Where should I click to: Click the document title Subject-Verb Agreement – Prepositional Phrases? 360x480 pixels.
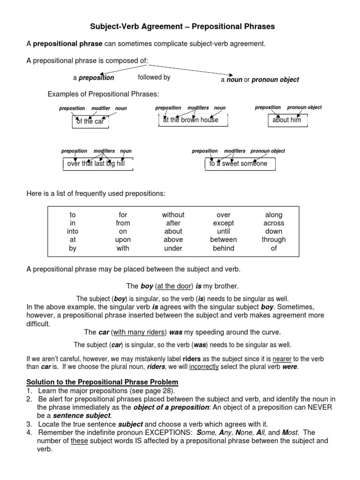182,27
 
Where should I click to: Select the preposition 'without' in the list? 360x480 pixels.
173,215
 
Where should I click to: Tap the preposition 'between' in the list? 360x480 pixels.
223,240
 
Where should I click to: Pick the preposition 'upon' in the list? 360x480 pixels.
122,240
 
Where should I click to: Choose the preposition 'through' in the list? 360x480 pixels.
274,240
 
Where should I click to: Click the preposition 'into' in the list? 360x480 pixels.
73,231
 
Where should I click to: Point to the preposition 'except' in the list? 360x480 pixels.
223,223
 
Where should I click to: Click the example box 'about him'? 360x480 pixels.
286,120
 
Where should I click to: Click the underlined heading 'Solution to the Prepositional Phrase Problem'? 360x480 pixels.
102,382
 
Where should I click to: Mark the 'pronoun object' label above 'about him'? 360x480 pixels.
304,107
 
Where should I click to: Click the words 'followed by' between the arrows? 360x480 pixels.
154,77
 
